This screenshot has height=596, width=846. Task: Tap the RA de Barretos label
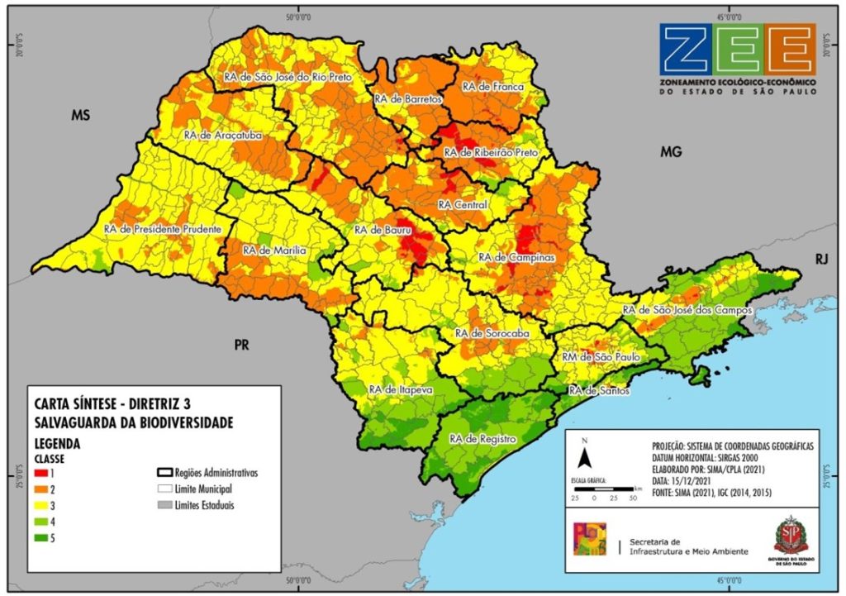(408, 98)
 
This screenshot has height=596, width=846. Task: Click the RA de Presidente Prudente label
(163, 228)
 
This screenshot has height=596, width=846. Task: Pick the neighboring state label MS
(79, 114)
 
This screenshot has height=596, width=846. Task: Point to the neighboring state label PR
(242, 345)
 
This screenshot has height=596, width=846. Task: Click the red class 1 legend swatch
(40, 473)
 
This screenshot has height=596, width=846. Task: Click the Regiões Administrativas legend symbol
(164, 473)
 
